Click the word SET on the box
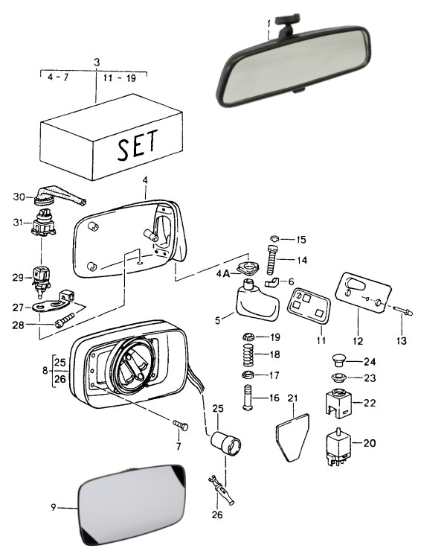[138, 145]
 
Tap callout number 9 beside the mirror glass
[54, 507]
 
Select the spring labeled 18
[248, 354]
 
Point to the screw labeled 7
[181, 425]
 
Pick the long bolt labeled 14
[272, 261]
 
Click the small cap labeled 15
[275, 239]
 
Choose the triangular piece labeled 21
[292, 438]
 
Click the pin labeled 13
[402, 310]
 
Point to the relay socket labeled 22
[338, 403]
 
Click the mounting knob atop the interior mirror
[287, 19]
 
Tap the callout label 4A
[222, 273]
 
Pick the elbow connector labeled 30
[59, 196]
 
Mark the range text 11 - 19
[120, 77]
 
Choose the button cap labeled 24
[338, 360]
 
